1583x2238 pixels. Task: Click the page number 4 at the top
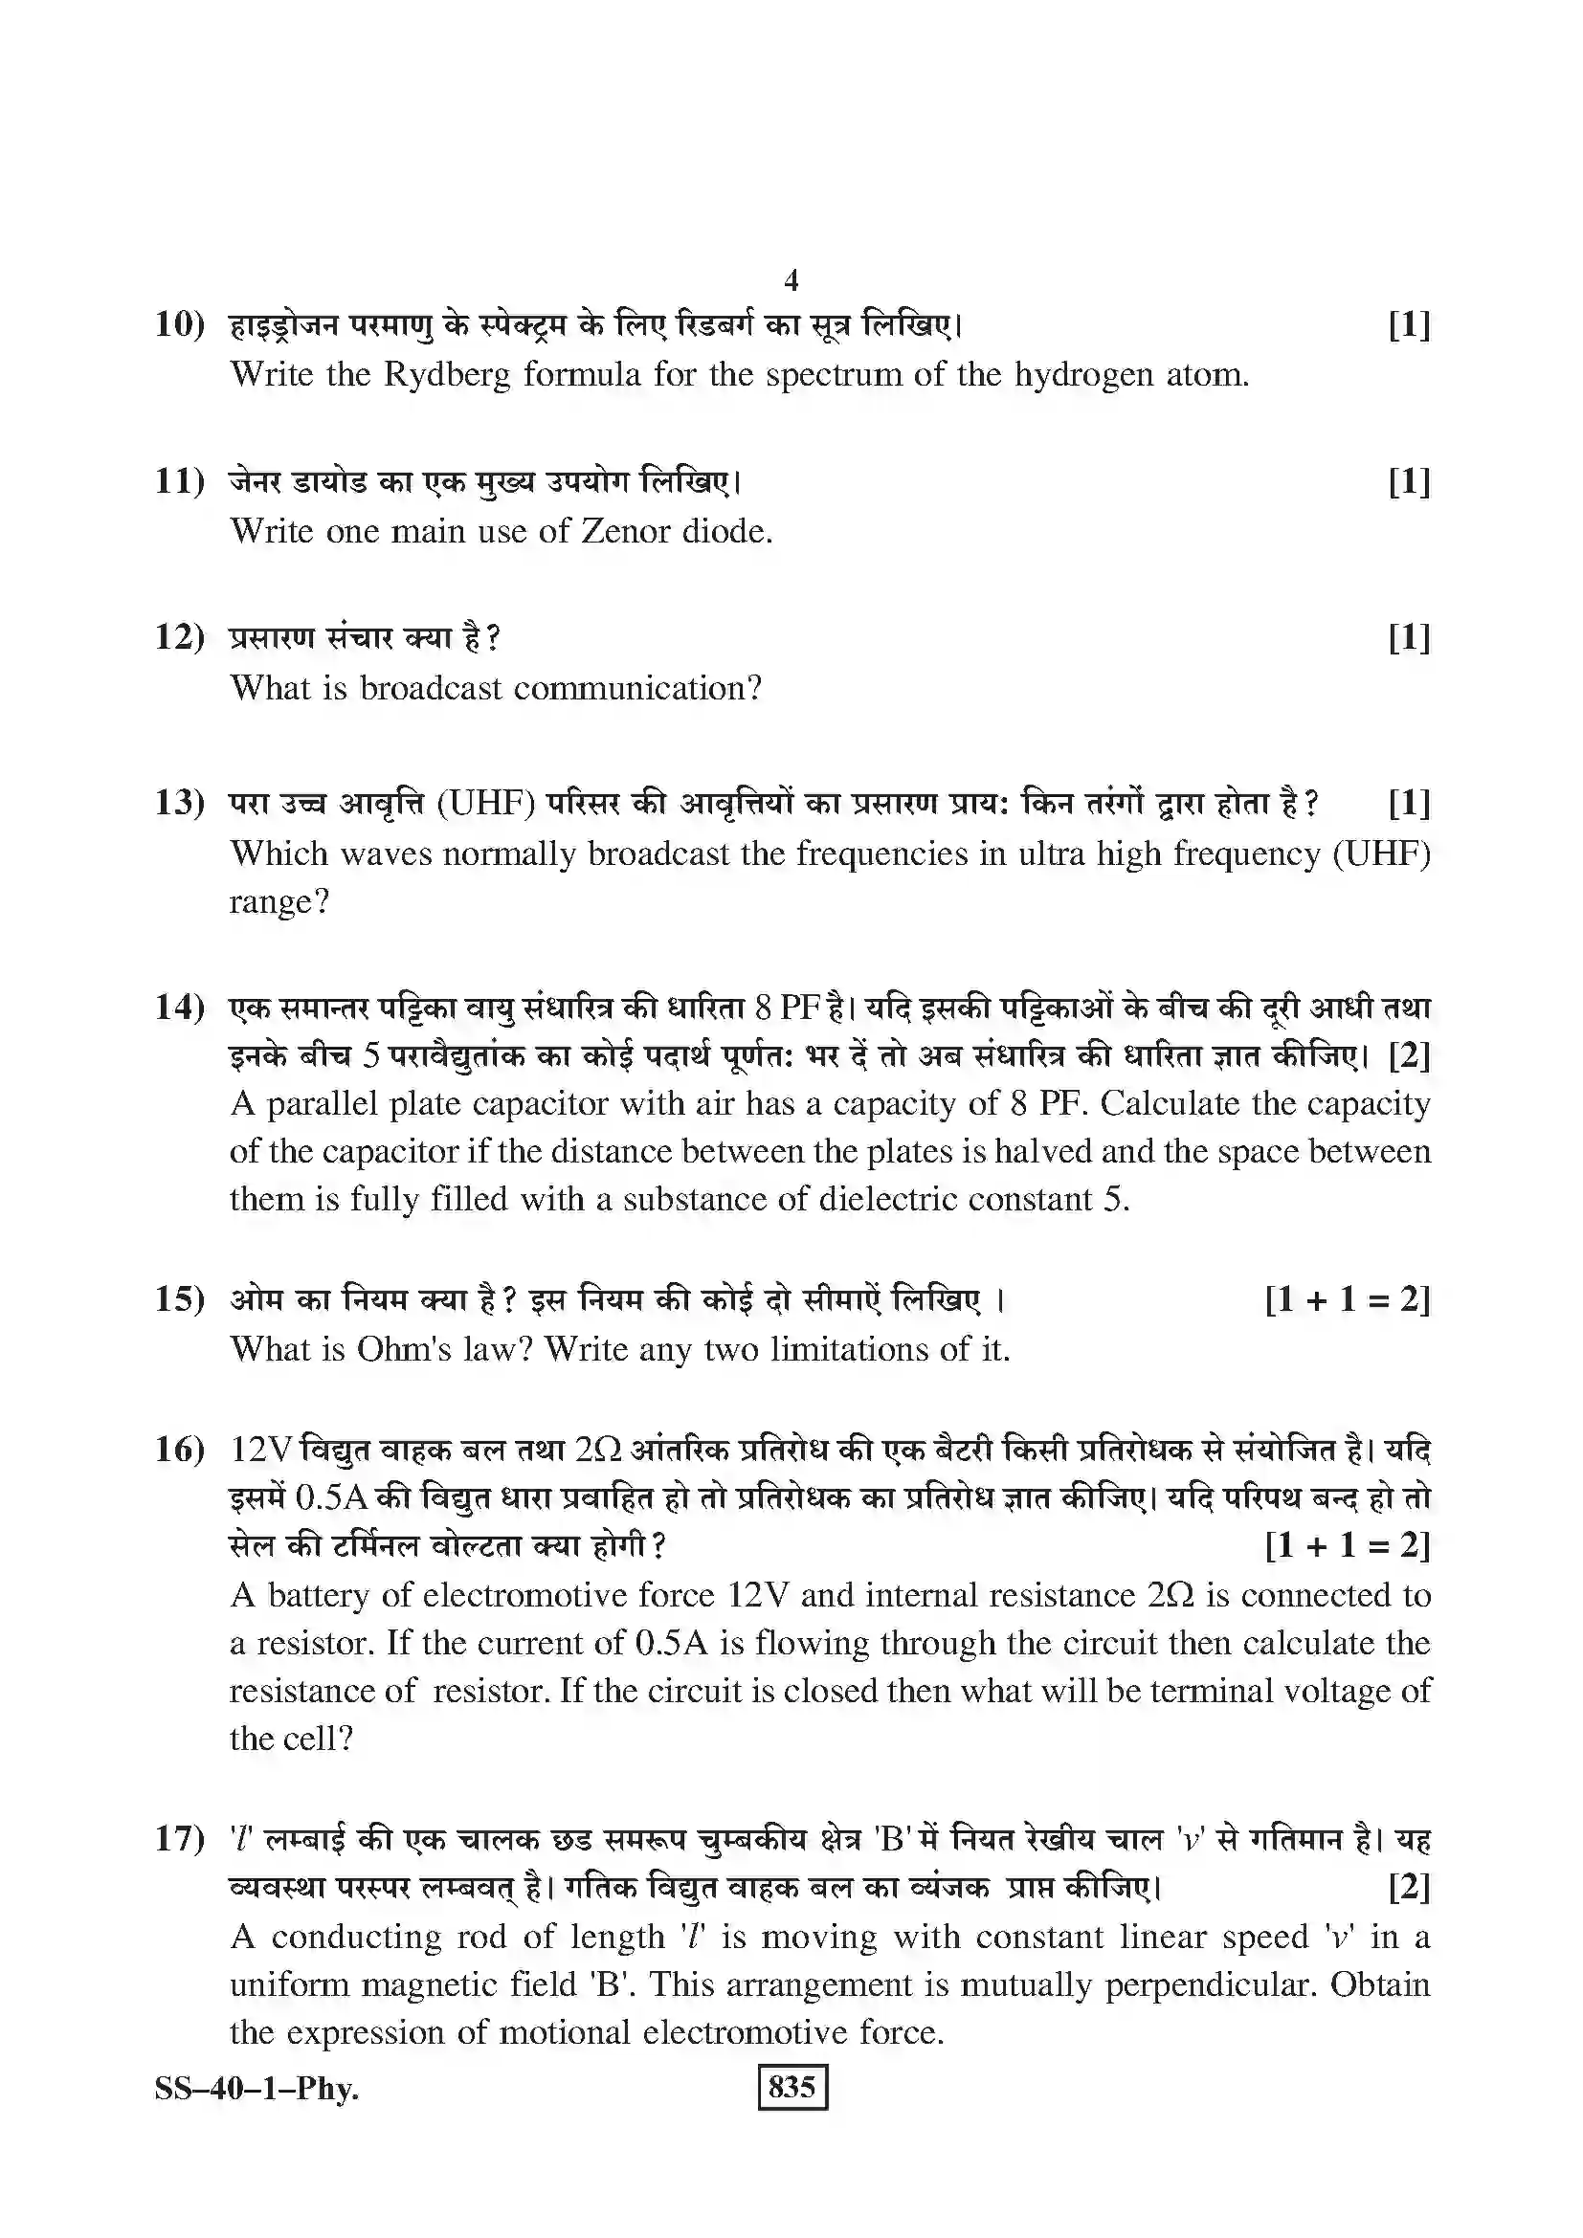(x=791, y=280)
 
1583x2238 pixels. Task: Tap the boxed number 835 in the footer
(x=791, y=2087)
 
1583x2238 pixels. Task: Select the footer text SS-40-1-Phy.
(x=256, y=2088)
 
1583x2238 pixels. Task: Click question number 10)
(x=179, y=324)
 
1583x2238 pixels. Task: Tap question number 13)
(x=179, y=803)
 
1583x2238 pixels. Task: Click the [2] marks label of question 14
(x=1409, y=1055)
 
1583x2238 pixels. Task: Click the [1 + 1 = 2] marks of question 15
(x=1348, y=1299)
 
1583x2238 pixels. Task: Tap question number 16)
(x=179, y=1450)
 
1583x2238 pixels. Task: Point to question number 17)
(x=179, y=1839)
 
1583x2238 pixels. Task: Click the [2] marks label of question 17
(x=1409, y=1888)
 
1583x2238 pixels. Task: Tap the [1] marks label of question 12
(x=1409, y=638)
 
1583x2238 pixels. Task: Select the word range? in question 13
(x=279, y=902)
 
